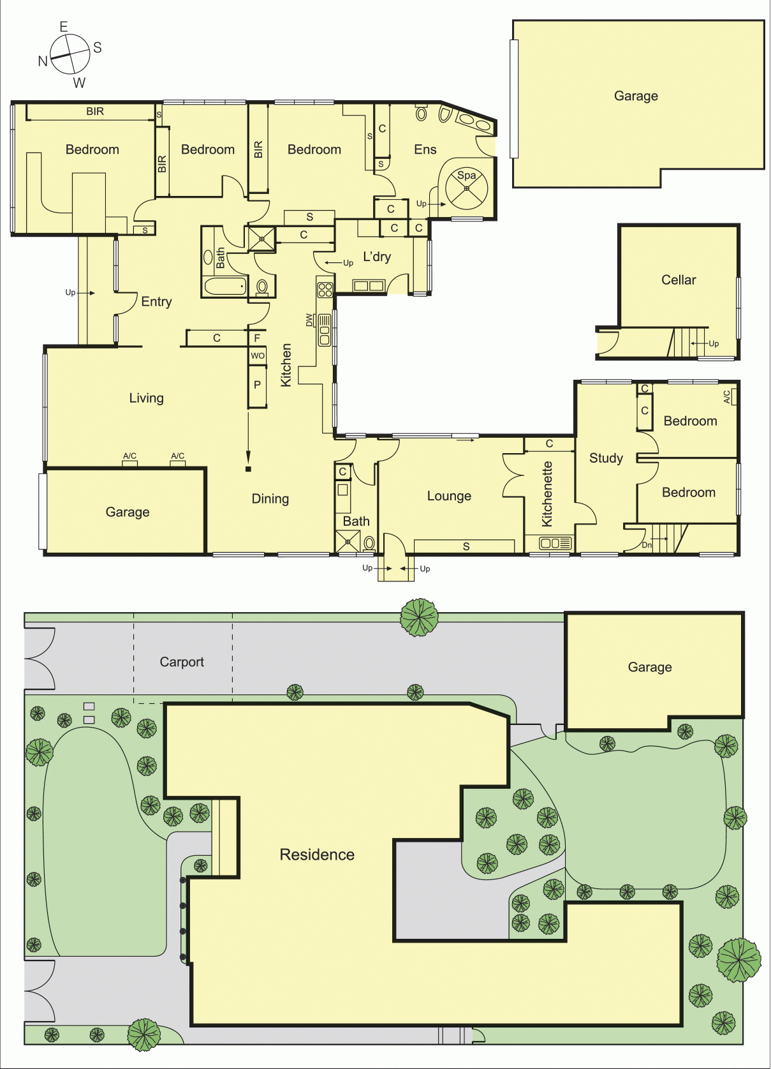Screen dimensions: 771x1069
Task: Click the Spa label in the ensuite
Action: point(466,176)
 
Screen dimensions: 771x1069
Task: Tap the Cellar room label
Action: point(679,280)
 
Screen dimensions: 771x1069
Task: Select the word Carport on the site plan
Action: point(182,662)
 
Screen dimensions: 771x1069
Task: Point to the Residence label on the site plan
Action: point(317,855)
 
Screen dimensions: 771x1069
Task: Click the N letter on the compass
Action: point(43,61)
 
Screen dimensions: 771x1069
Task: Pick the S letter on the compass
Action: point(98,47)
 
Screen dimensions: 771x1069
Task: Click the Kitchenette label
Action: point(547,494)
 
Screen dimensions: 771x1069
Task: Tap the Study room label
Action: point(606,458)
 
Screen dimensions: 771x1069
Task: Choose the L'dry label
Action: point(377,257)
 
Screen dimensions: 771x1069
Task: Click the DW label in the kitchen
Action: point(309,320)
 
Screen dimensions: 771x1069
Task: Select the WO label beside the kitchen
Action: point(258,355)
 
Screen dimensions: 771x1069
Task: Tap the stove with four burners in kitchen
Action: point(325,290)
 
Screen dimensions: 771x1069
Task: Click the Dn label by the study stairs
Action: point(647,545)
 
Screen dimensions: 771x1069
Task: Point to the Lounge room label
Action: point(449,497)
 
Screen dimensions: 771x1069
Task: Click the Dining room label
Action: point(270,499)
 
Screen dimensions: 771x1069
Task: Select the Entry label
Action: point(156,302)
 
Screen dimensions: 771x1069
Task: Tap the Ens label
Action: point(425,149)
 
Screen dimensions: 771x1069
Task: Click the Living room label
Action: point(147,398)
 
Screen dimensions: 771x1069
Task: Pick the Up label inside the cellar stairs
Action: point(714,343)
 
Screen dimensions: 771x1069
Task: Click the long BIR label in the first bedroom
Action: point(95,111)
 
